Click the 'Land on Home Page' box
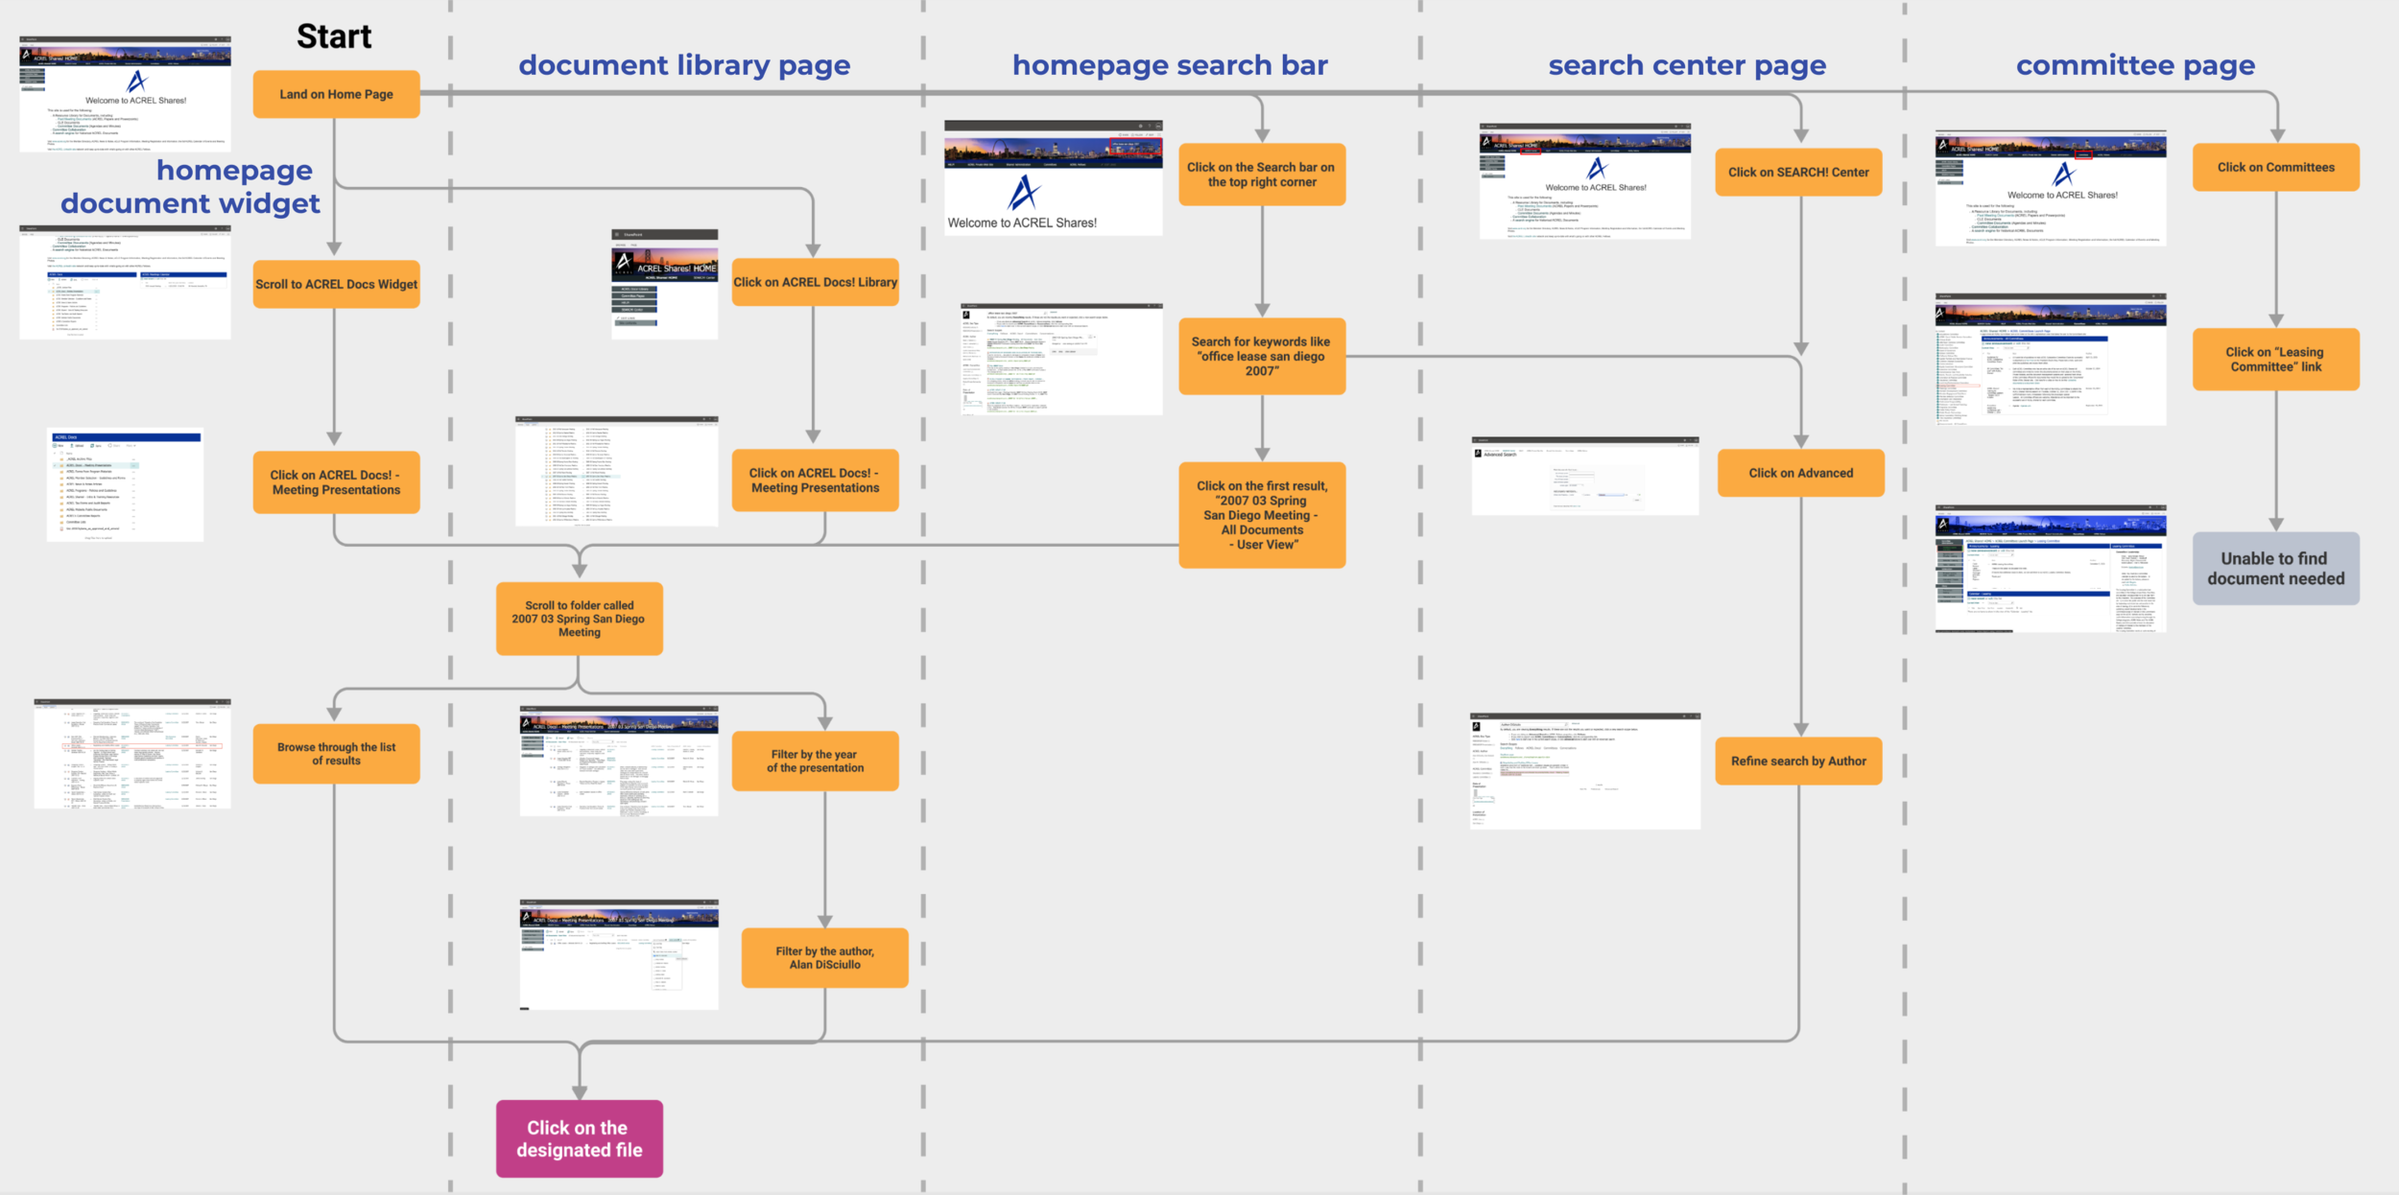point(336,94)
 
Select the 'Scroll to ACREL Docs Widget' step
point(336,284)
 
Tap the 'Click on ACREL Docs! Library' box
point(815,282)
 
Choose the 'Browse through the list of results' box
point(336,754)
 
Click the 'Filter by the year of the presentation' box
point(815,762)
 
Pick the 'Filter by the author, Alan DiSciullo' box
point(824,958)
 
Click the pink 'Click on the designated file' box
point(579,1138)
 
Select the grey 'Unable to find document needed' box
point(2275,569)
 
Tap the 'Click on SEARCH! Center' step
point(1798,173)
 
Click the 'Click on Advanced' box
point(1800,473)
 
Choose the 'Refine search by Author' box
point(1798,762)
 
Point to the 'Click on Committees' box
point(2275,167)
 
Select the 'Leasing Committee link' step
point(2275,360)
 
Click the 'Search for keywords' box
point(1262,356)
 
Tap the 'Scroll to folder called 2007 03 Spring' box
point(579,619)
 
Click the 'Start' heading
point(333,36)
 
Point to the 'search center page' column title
point(1686,65)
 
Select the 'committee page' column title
point(2135,65)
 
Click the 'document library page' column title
point(684,65)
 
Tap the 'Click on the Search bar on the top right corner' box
point(1262,175)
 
